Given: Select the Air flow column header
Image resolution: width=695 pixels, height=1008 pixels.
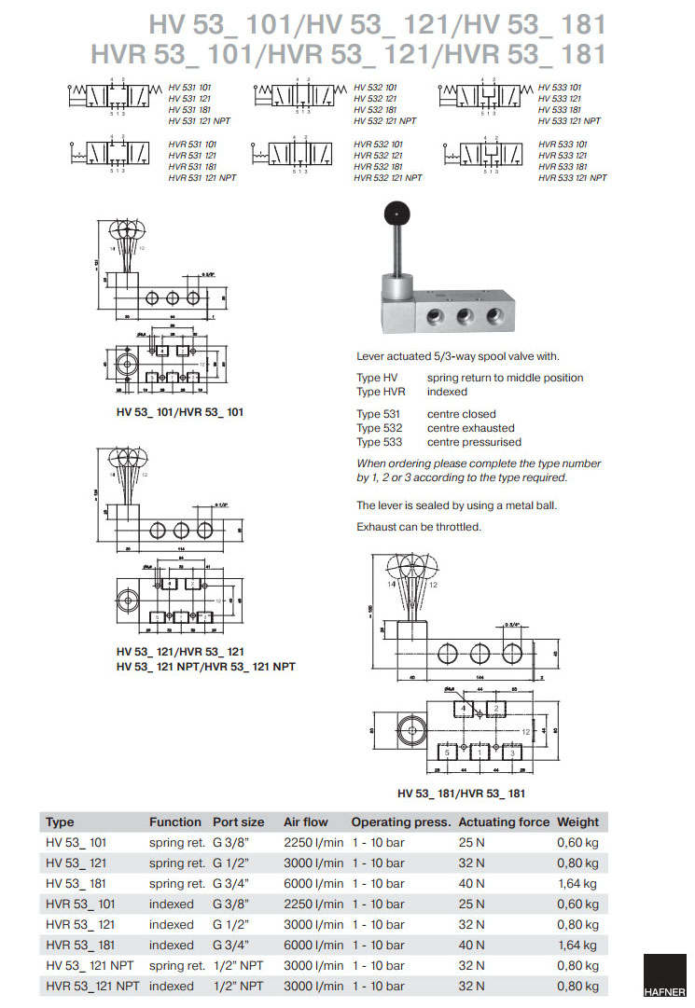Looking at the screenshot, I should pyautogui.click(x=306, y=822).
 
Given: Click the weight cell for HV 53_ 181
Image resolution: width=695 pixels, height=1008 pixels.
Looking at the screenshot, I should pyautogui.click(x=577, y=883).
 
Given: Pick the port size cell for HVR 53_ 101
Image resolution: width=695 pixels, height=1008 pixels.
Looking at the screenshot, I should pyautogui.click(x=238, y=904).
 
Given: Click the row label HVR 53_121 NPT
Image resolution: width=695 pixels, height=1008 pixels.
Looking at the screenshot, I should pyautogui.click(x=92, y=986).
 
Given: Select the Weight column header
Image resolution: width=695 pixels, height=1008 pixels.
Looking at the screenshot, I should pyautogui.click(x=577, y=822).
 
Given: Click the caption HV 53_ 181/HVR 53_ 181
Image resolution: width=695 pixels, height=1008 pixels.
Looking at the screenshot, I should pyautogui.click(x=461, y=794).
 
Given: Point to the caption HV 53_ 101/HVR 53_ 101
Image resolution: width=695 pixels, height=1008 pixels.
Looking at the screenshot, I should pyautogui.click(x=175, y=411).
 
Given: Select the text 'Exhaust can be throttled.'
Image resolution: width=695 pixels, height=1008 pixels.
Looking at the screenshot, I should pyautogui.click(x=419, y=527).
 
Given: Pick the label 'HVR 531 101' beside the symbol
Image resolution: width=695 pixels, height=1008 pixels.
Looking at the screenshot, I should pyautogui.click(x=192, y=145).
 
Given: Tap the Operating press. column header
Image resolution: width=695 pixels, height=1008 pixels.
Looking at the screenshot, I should pyautogui.click(x=401, y=822).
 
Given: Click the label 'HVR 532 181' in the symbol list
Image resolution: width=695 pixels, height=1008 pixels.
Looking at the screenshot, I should pyautogui.click(x=378, y=167).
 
